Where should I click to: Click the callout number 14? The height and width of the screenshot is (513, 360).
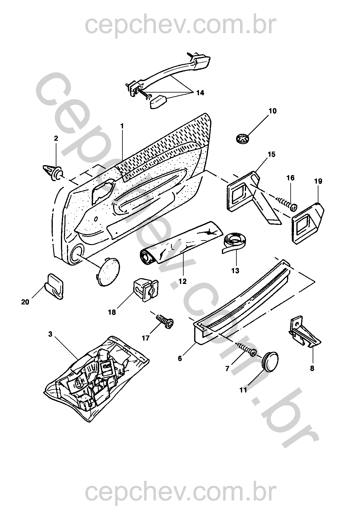tap(200, 93)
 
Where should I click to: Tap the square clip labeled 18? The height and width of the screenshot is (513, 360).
tap(145, 290)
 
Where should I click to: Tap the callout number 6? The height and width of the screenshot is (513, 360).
tap(180, 359)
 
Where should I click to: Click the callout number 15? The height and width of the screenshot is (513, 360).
tap(271, 155)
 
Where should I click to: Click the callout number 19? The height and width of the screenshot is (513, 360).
tap(318, 181)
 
